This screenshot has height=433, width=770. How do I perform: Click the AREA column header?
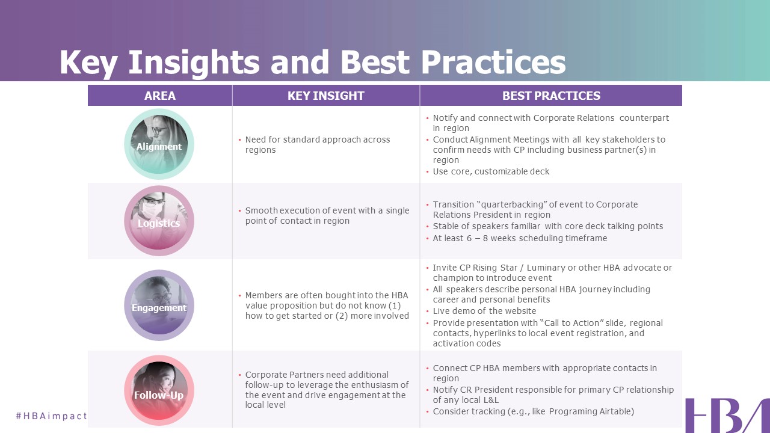[160, 96]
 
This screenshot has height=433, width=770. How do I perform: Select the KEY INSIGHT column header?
[326, 96]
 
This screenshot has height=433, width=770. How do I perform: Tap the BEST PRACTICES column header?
[551, 96]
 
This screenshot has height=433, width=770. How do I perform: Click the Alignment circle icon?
[159, 144]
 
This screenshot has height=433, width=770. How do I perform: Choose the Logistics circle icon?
[159, 221]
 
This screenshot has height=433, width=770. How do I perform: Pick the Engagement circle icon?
[159, 305]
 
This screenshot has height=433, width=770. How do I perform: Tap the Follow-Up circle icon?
[159, 390]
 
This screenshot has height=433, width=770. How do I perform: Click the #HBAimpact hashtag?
[52, 416]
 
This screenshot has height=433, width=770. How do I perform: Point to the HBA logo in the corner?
[727, 416]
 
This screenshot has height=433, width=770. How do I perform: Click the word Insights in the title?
[194, 63]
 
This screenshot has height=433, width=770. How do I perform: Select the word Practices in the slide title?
[493, 62]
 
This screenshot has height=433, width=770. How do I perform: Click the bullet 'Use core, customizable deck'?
[491, 171]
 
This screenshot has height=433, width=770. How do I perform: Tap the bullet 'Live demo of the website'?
[484, 311]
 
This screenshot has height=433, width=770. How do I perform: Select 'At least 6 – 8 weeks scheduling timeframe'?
[520, 238]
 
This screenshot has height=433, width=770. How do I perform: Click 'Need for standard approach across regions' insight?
[317, 145]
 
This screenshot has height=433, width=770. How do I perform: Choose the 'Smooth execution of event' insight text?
[327, 215]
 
